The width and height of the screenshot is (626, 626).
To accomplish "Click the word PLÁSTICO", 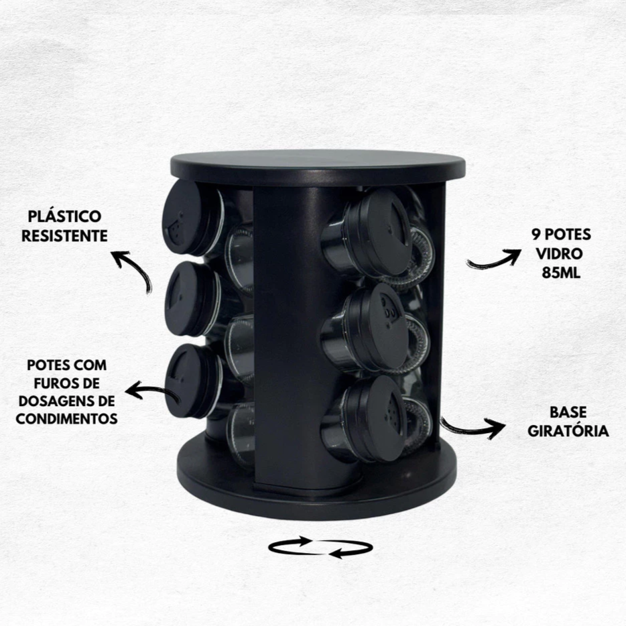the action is pos(64,216).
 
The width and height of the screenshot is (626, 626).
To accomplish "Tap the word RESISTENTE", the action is pos(64,235).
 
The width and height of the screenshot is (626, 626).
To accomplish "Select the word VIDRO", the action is pos(560,254).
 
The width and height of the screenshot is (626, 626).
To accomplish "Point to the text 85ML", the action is pos(561,273).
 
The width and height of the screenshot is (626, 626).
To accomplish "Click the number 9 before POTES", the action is pos(536,235).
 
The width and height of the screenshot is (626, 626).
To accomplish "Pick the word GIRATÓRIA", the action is pos(568,431).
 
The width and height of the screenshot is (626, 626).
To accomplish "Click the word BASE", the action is pos(568,412).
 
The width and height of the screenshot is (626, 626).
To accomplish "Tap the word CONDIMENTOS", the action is pos(66,419).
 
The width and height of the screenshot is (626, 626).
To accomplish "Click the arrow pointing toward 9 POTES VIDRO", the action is pos(494,259).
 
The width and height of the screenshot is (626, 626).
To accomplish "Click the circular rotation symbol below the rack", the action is pos(320,548).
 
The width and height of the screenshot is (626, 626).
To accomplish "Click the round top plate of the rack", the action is pos(318,166).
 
